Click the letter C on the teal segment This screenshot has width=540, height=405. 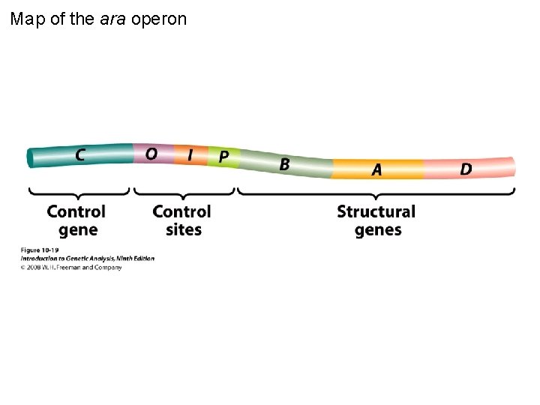coord(79,155)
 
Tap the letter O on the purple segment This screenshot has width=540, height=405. coord(151,154)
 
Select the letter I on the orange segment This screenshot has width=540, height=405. coord(190,154)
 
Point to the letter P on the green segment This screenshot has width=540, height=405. coord(223,157)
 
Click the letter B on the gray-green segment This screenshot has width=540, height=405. coord(284,164)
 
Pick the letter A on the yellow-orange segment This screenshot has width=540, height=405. coord(376,170)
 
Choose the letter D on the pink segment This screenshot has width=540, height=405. coord(466,169)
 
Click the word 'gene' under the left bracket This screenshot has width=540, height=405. coord(78,230)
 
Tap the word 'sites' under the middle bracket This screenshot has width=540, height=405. coord(183,230)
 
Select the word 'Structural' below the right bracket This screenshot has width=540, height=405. coord(376,211)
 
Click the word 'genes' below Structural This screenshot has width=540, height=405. coord(378,230)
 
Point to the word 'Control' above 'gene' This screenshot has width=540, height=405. coord(76,211)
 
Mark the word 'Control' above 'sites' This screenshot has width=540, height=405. coord(181,211)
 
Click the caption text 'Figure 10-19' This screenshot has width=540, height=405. coord(40,250)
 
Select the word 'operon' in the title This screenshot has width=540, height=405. coord(159,19)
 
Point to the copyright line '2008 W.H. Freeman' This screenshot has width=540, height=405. coord(71,267)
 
